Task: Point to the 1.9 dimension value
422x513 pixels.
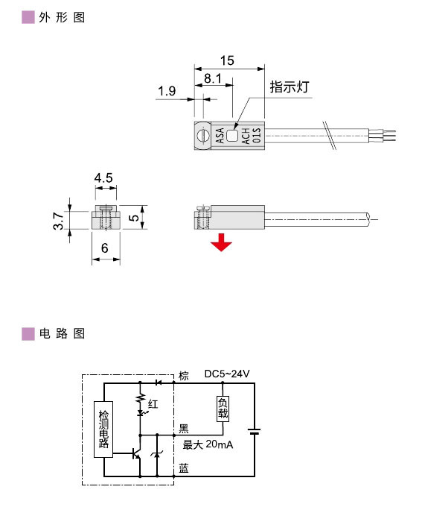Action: [167, 92]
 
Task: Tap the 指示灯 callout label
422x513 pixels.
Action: [289, 86]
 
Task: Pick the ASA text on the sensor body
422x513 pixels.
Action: [220, 136]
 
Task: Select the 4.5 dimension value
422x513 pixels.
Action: [103, 178]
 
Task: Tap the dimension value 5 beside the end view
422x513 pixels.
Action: [132, 218]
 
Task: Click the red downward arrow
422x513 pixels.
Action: [219, 243]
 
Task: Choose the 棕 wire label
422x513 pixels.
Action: [185, 374]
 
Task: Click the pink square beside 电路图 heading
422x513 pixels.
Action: [28, 333]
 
